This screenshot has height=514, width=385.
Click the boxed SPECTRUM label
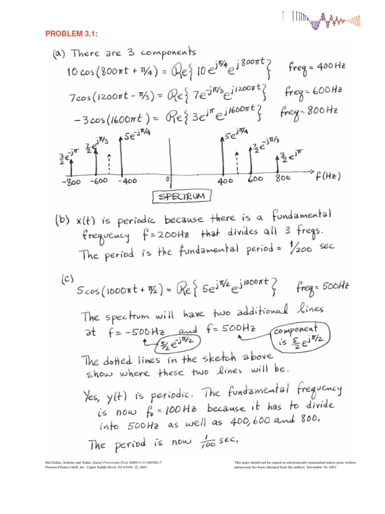click(181, 197)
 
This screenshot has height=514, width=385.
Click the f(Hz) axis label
click(328, 176)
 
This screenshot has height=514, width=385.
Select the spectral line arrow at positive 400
click(222, 155)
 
